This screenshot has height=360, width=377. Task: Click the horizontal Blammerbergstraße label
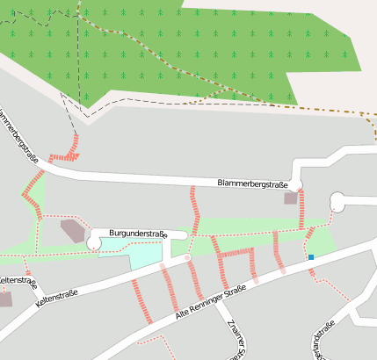point(252,183)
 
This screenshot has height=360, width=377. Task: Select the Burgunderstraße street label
point(138,234)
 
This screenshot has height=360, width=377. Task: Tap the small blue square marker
point(310,257)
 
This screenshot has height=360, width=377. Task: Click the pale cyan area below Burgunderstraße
point(146,256)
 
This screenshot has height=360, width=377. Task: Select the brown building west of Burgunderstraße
point(73,232)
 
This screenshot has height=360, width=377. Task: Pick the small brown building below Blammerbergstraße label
point(290,199)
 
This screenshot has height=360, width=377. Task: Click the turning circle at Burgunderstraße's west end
point(95,239)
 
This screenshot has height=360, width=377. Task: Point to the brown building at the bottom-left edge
point(4,299)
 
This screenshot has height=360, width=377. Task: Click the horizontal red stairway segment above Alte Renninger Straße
point(236,253)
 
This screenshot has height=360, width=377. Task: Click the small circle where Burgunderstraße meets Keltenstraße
point(187,257)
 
